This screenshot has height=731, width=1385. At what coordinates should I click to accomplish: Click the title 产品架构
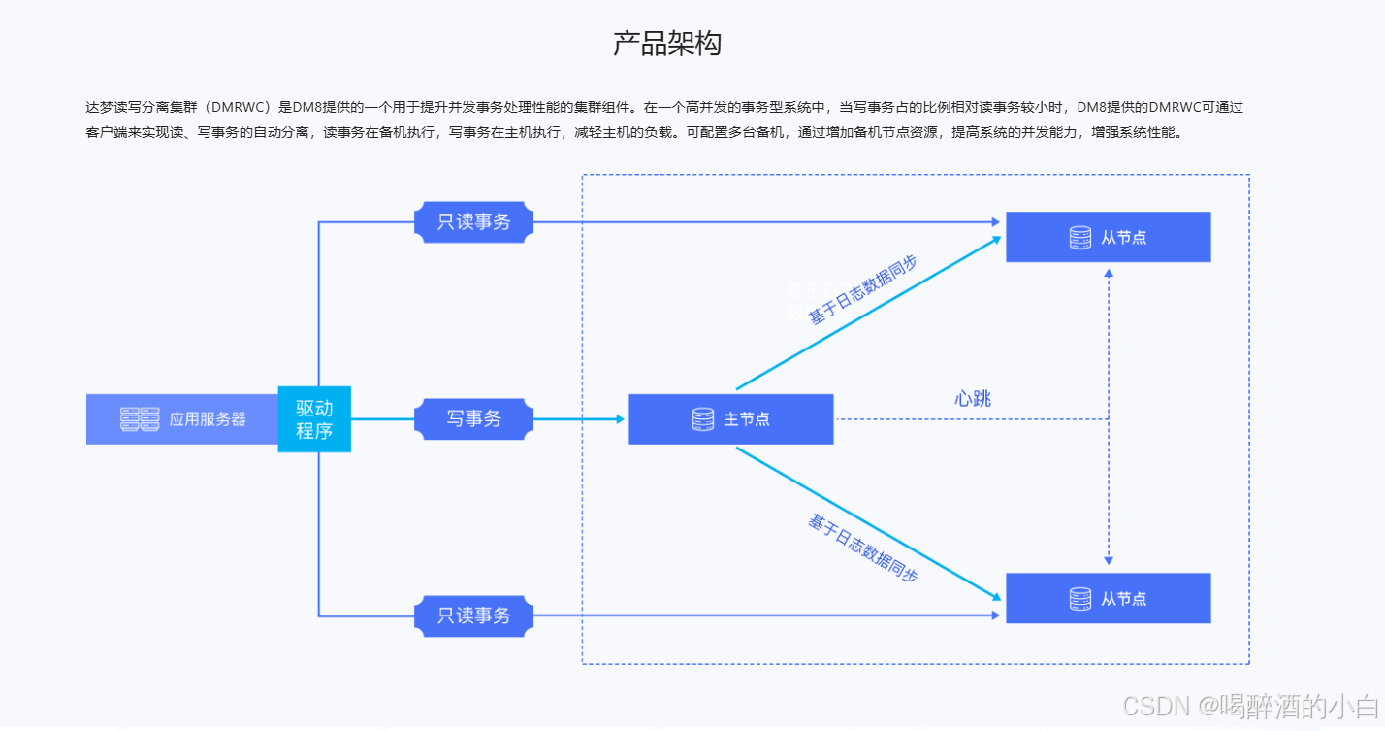[x=667, y=44]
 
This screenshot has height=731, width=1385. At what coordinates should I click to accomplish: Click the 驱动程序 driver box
[x=314, y=419]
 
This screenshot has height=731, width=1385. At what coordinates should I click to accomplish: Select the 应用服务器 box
[x=182, y=419]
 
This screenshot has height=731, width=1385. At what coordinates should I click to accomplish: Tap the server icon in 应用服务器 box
[x=140, y=419]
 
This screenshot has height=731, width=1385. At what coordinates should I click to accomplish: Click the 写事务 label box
[x=473, y=419]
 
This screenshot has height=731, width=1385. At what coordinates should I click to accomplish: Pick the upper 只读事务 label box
[x=473, y=222]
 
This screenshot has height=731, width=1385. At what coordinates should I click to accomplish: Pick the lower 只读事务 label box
[x=473, y=616]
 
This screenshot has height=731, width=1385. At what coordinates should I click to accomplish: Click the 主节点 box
[x=730, y=419]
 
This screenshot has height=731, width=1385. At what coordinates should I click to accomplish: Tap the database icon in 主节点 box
[x=703, y=419]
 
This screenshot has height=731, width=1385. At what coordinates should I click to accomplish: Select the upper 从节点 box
[x=1108, y=237]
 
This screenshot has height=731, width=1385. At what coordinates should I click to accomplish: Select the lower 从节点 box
[x=1108, y=598]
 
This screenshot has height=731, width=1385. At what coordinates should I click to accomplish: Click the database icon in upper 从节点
[x=1079, y=237]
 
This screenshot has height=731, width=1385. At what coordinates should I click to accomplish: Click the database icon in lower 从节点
[x=1079, y=599]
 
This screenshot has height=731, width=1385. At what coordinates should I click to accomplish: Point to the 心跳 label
[x=973, y=399]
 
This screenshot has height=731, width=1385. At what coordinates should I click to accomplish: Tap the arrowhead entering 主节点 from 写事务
[x=620, y=419]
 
